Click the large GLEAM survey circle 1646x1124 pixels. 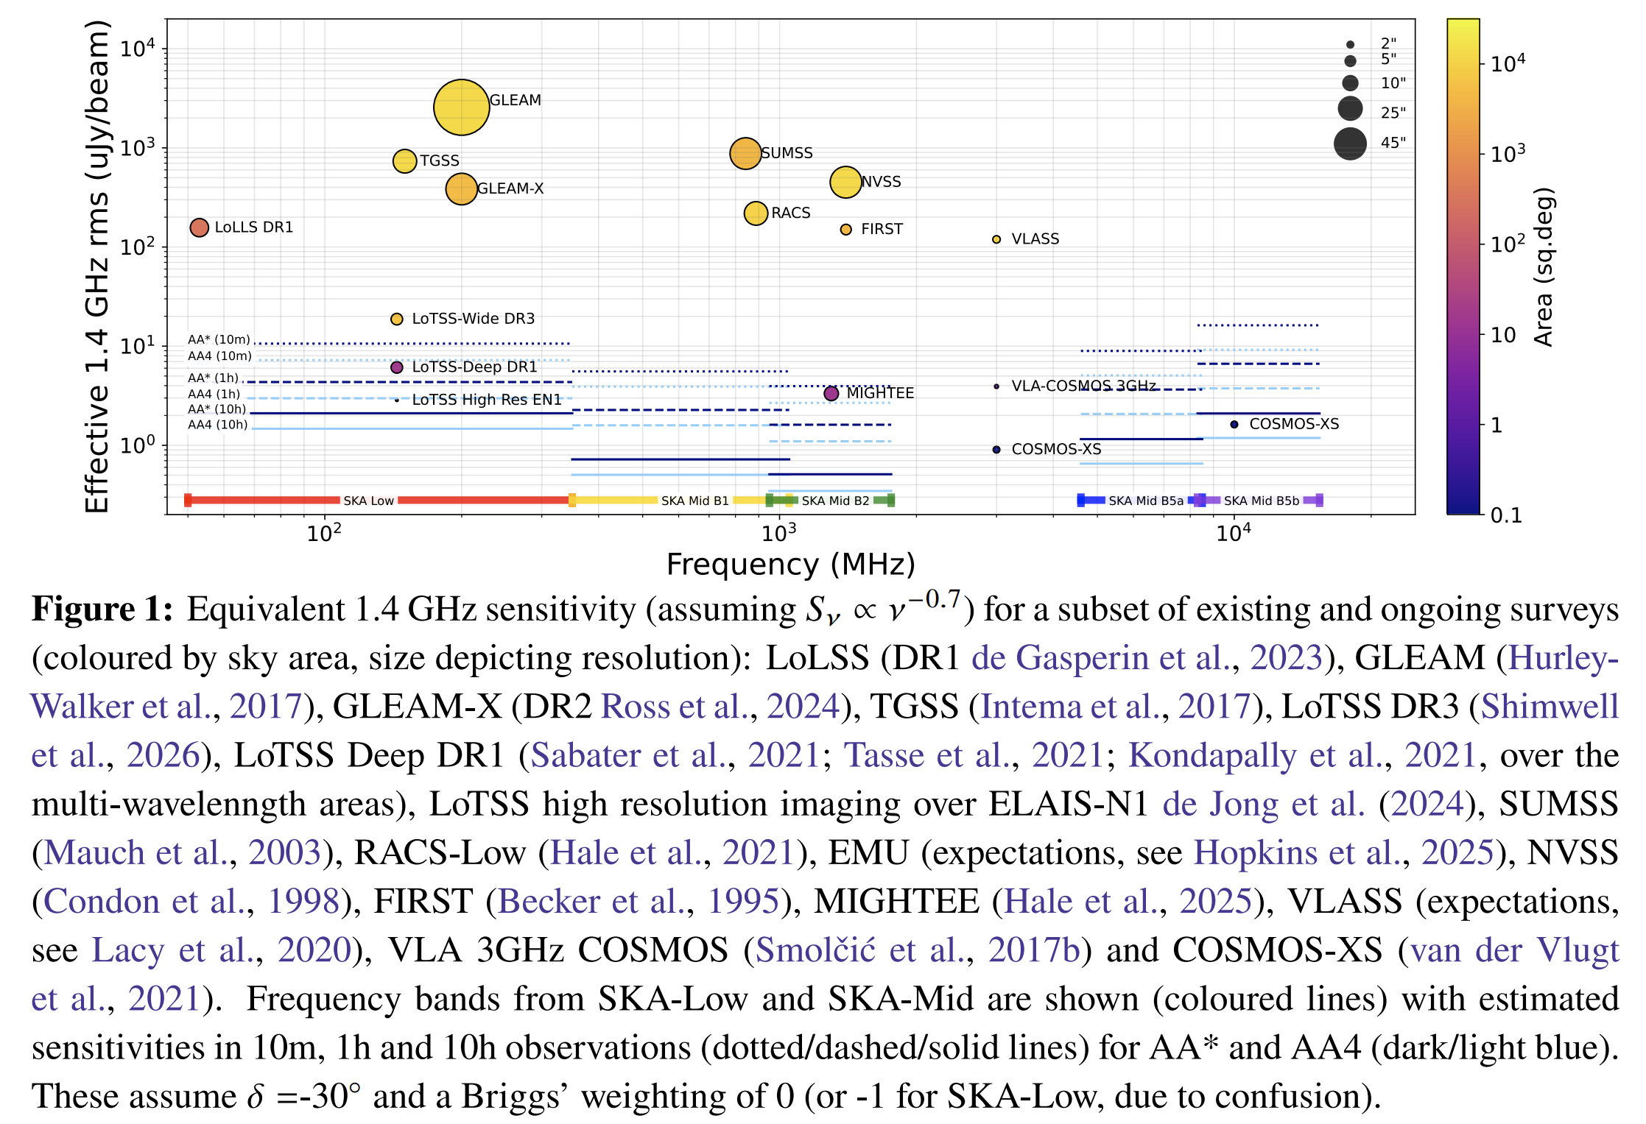click(461, 107)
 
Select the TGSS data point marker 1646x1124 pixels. click(404, 160)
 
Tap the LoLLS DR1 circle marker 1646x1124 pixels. click(199, 227)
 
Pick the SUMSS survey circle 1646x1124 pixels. click(745, 153)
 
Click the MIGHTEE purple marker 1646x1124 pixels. click(831, 394)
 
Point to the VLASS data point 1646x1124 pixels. click(996, 239)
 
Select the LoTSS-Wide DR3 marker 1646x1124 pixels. click(396, 319)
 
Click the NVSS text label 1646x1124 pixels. click(881, 182)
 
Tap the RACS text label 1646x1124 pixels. click(791, 213)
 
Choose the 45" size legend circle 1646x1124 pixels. click(1350, 144)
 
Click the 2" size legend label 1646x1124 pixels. click(1388, 43)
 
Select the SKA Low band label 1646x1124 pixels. click(368, 501)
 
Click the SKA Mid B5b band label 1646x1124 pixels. click(1262, 501)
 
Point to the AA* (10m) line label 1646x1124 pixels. click(219, 339)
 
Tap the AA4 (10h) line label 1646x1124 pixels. click(218, 425)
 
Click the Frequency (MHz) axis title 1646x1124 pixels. click(790, 565)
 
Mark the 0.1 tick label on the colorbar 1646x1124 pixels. click(1506, 515)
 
